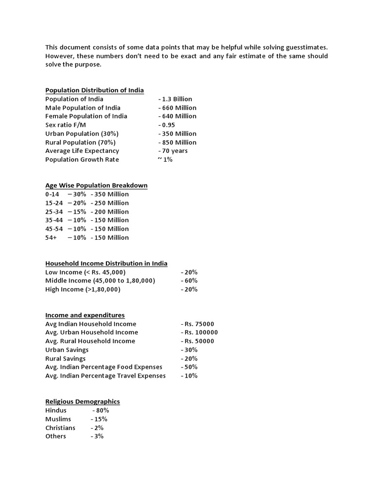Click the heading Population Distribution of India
94,90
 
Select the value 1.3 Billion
176,99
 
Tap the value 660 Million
178,108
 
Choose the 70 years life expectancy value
173,151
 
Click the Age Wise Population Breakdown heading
96,185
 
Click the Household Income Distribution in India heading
106,264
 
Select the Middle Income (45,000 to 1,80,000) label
100,281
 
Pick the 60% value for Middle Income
190,281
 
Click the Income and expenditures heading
85,315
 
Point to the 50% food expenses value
190,367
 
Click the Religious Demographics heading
83,401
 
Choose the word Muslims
58,419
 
